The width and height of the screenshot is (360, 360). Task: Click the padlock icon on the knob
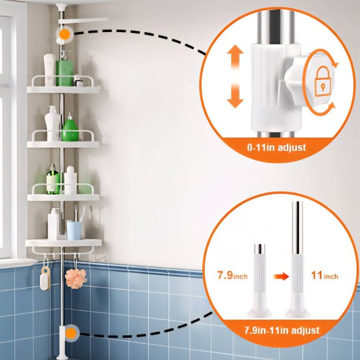point(323,81)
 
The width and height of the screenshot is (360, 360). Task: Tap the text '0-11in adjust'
point(276,147)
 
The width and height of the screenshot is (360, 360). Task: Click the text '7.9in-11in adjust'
point(281,330)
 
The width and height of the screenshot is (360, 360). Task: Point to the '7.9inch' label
point(232,275)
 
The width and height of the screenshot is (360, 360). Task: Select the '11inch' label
point(325,275)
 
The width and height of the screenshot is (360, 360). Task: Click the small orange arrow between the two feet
point(281,276)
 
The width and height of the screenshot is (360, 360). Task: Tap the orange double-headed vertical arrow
point(235,77)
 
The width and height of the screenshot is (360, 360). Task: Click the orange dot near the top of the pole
point(65,34)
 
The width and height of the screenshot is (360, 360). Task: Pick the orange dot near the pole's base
point(71,333)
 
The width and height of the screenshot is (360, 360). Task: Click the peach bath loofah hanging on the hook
point(76,278)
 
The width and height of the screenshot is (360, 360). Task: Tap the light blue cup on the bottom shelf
point(74,230)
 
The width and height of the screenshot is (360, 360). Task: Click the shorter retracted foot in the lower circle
point(259,281)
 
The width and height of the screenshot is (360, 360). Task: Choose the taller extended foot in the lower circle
point(297,260)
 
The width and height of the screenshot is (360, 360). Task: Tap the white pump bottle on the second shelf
point(52,123)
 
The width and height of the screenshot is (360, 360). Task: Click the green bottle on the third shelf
point(53,179)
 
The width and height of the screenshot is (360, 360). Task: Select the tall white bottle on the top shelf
point(49,69)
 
